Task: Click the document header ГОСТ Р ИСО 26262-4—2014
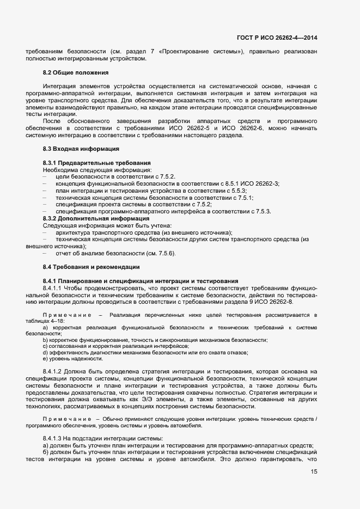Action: [x=277, y=38]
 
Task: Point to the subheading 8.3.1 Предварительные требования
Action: [x=96, y=163]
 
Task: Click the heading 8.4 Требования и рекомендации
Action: [x=91, y=267]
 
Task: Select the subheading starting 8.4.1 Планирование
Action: [x=140, y=280]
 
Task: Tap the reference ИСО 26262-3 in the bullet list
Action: [x=260, y=183]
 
